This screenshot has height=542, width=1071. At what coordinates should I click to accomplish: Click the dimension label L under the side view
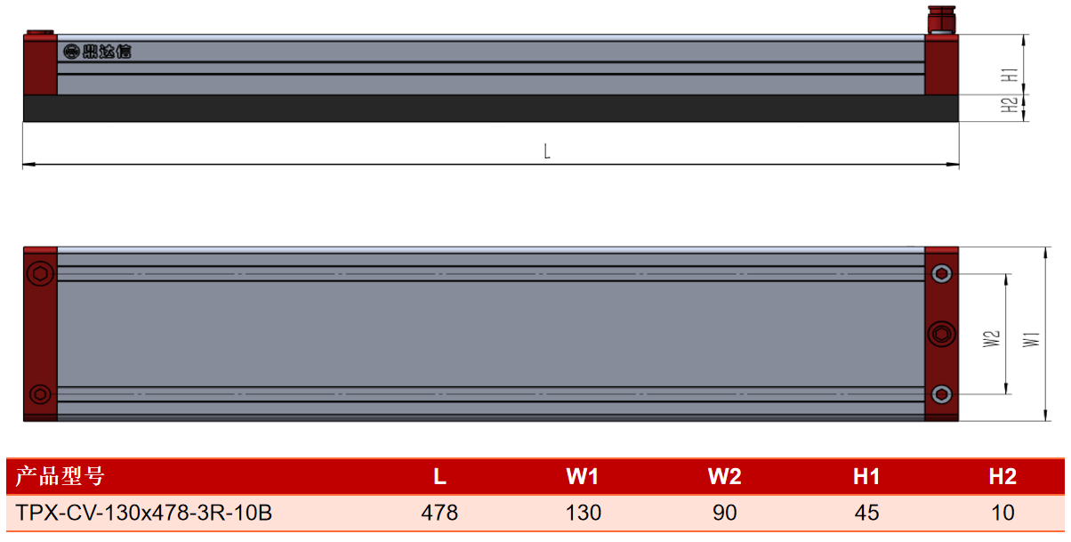click(x=547, y=151)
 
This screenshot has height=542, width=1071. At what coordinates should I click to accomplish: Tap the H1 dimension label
click(x=1010, y=75)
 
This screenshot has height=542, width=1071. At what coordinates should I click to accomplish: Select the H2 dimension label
click(x=1010, y=105)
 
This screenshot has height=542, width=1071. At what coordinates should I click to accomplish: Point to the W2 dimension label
click(x=991, y=339)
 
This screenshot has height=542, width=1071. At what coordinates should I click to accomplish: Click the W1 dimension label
click(x=1031, y=339)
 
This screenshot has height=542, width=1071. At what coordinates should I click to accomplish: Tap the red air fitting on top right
click(x=941, y=20)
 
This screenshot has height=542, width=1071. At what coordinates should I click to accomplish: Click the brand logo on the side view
click(x=97, y=52)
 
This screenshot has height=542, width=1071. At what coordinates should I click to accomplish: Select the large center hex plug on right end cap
click(x=941, y=334)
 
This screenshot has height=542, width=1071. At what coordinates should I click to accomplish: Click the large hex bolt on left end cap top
click(x=40, y=273)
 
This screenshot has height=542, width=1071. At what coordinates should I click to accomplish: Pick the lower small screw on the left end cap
click(x=40, y=394)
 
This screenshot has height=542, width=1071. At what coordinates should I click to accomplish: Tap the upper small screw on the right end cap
click(x=941, y=273)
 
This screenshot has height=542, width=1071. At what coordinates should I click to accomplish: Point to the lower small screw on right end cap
click(x=941, y=394)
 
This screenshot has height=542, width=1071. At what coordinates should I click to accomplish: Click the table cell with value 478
click(x=439, y=513)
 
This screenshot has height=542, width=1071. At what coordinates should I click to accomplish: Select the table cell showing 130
click(x=583, y=513)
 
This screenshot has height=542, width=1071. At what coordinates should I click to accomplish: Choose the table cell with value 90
click(x=724, y=513)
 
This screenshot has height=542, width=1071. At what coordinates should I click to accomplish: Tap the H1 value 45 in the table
click(x=866, y=513)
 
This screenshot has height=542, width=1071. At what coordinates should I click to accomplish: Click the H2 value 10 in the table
click(x=1003, y=513)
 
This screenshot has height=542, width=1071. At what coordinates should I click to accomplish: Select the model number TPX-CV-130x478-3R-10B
click(x=143, y=513)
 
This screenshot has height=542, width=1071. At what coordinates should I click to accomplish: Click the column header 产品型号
click(x=60, y=476)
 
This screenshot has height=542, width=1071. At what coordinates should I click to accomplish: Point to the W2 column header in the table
click(x=724, y=476)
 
